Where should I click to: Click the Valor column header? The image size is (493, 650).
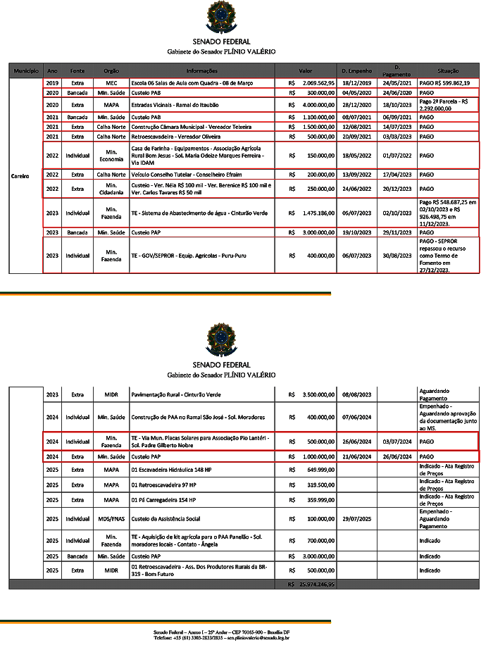pos(305,71)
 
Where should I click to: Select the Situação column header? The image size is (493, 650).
pos(448,71)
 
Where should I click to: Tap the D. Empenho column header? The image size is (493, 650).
pos(356,71)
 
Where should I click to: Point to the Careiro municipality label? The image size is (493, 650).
pos(20,176)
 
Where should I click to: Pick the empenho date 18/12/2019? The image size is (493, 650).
pos(356,83)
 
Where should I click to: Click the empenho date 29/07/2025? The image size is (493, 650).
pos(356,519)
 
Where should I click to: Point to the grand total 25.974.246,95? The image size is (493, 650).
pos(316,585)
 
